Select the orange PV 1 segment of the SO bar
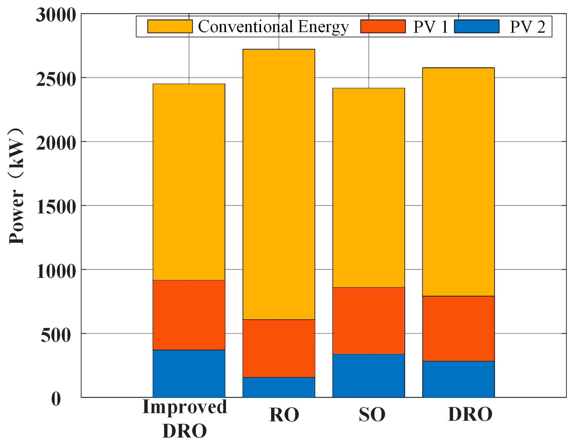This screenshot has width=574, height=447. [369, 320]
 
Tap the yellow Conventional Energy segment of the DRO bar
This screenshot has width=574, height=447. [458, 182]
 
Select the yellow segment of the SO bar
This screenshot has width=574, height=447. [369, 187]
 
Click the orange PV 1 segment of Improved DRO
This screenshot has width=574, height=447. [189, 315]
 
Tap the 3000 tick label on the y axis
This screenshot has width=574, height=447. [56, 15]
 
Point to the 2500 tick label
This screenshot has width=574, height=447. [56, 79]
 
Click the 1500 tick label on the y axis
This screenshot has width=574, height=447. [56, 207]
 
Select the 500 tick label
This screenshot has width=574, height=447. [56, 335]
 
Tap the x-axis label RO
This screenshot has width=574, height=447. [284, 415]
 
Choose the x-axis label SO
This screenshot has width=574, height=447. [372, 414]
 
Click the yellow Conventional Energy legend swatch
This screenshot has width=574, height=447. [170, 26]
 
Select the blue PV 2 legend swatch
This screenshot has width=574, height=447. [477, 26]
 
